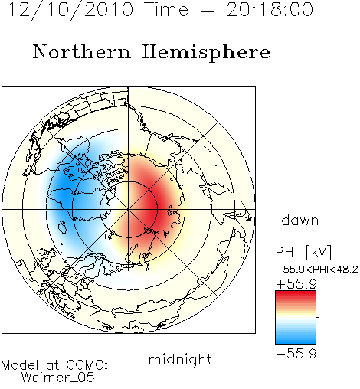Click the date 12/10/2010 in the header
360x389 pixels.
71,10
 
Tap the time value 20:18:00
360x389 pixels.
270,9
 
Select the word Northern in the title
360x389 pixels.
82,51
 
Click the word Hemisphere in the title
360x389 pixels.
206,52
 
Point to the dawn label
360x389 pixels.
300,220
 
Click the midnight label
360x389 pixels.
180,359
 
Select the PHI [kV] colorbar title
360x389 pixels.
303,252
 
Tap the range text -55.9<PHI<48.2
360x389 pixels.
317,270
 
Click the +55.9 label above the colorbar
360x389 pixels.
296,284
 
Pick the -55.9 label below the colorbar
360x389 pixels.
296,354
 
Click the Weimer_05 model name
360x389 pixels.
58,378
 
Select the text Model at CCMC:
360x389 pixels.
54,365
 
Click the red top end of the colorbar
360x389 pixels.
296,293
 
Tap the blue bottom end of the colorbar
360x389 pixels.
296,342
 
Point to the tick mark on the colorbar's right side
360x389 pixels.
318,317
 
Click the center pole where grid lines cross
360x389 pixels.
129,210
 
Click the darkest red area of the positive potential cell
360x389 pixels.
152,209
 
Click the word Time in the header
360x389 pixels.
166,9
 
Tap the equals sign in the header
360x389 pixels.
208,10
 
